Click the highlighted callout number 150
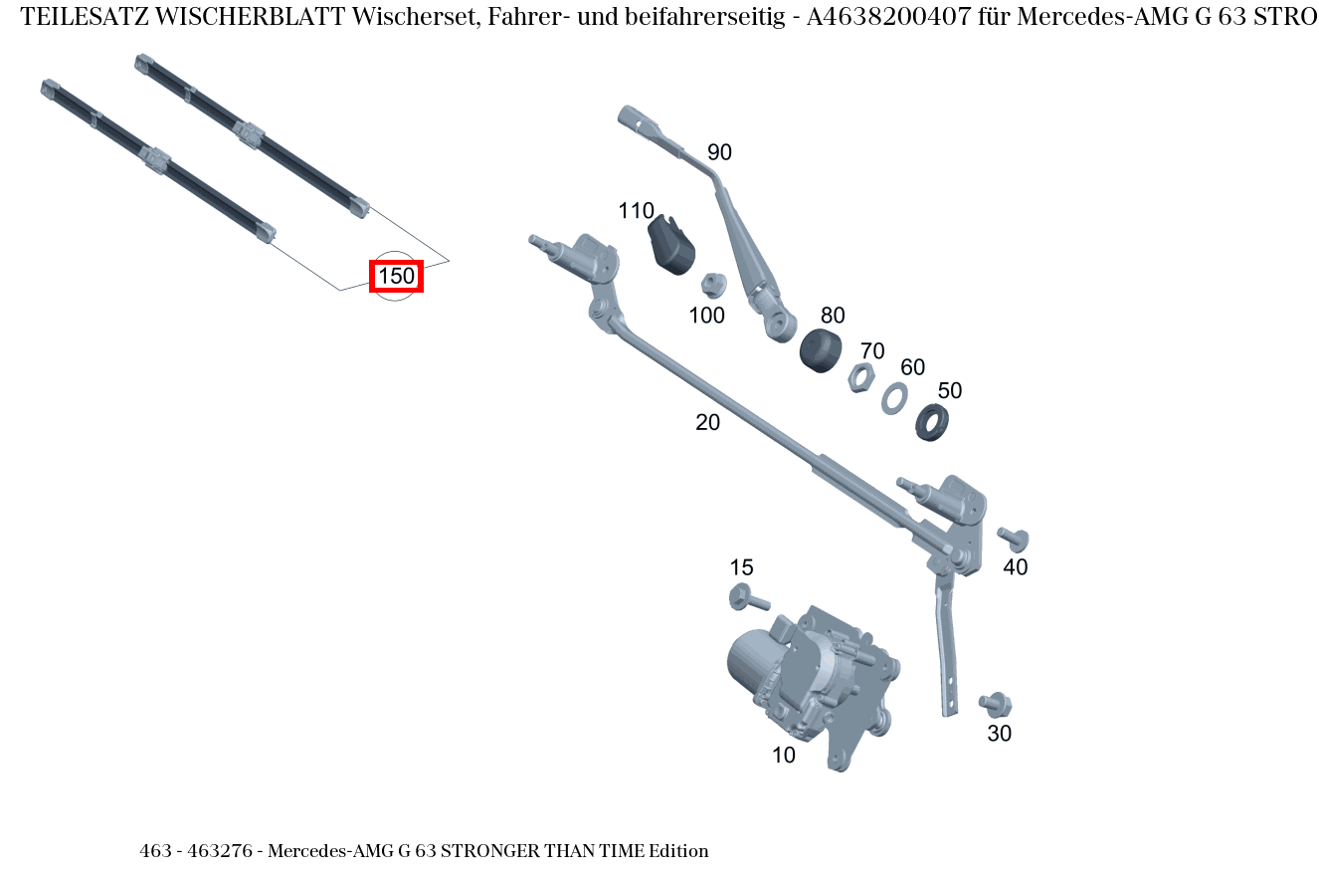(396, 276)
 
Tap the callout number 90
(719, 152)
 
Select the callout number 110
(636, 211)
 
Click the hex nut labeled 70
(860, 378)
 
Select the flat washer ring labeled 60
(894, 397)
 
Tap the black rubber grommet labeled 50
(932, 422)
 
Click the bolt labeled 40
(1014, 539)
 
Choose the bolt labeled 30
(995, 704)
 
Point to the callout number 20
(707, 422)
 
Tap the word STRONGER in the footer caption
(490, 851)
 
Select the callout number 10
(784, 756)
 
